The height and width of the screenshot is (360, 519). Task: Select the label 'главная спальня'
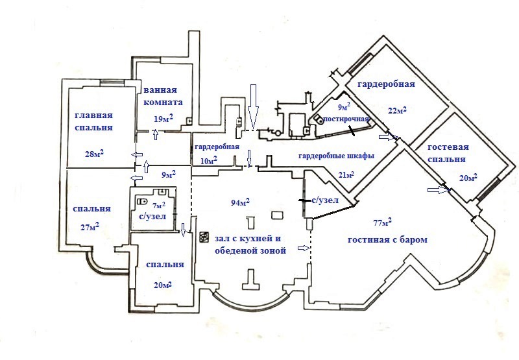(x=93, y=122)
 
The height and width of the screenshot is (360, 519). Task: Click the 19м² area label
(x=163, y=118)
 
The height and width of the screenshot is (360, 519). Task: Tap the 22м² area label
(x=396, y=111)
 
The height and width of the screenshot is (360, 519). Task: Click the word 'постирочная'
(x=347, y=119)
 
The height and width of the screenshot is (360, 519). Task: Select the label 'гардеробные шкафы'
(x=336, y=157)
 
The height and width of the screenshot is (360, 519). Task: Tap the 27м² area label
(x=88, y=226)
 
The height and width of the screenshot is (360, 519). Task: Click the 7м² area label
(x=158, y=206)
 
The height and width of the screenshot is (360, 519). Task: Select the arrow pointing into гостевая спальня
(x=438, y=189)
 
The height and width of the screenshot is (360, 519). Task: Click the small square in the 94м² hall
(x=277, y=215)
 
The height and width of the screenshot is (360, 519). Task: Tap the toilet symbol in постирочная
(x=319, y=120)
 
